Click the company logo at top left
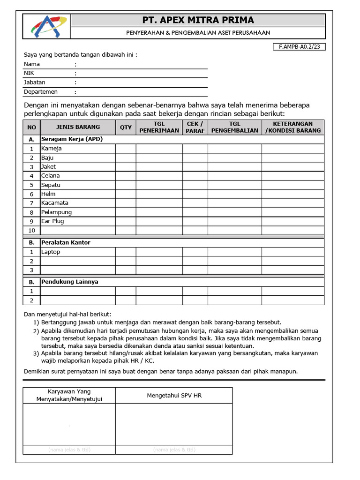pyautogui.click(x=45, y=26)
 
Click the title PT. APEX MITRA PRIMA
pyautogui.click(x=198, y=20)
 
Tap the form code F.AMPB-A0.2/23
pyautogui.click(x=299, y=47)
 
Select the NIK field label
pyautogui.click(x=29, y=73)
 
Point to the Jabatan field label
pyautogui.click(x=35, y=82)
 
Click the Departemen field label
pyautogui.click(x=41, y=92)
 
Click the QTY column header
pyautogui.click(x=126, y=127)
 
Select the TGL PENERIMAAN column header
pyautogui.click(x=159, y=127)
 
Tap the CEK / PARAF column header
pyautogui.click(x=195, y=127)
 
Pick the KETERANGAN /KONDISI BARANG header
pyautogui.click(x=292, y=127)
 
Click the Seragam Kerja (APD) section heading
pyautogui.click(x=72, y=139)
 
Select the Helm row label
pyautogui.click(x=48, y=194)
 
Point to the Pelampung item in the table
pyautogui.click(x=56, y=212)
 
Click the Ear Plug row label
pyautogui.click(x=52, y=221)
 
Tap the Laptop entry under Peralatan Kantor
pyautogui.click(x=51, y=252)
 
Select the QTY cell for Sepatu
pyautogui.click(x=126, y=185)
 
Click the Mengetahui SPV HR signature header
pyautogui.click(x=174, y=396)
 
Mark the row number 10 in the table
pyautogui.click(x=32, y=230)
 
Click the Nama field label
pyautogui.click(x=32, y=64)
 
